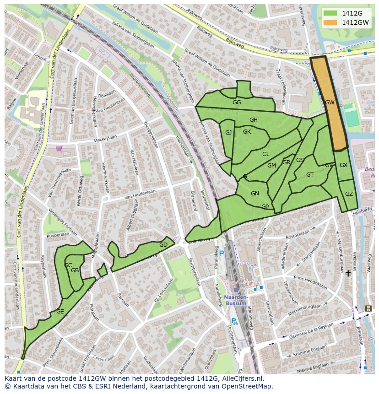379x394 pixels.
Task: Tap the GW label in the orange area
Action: (x=330, y=103)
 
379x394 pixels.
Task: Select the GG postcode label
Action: (x=237, y=103)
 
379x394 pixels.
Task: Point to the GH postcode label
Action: (x=254, y=120)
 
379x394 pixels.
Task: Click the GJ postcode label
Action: (x=228, y=133)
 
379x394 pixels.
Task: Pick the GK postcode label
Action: (x=247, y=132)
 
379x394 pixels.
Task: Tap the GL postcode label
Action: (x=266, y=154)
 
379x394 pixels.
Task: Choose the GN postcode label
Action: (x=255, y=194)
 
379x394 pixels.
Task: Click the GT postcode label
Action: (x=310, y=175)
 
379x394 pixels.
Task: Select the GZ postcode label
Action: (x=349, y=194)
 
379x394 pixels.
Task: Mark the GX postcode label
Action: (x=344, y=165)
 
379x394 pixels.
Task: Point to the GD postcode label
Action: (x=163, y=245)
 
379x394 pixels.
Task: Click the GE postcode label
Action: (x=60, y=312)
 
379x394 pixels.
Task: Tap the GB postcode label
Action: (x=75, y=270)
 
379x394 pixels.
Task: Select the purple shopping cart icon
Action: (x=59, y=148)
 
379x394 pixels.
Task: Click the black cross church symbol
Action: (x=348, y=273)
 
